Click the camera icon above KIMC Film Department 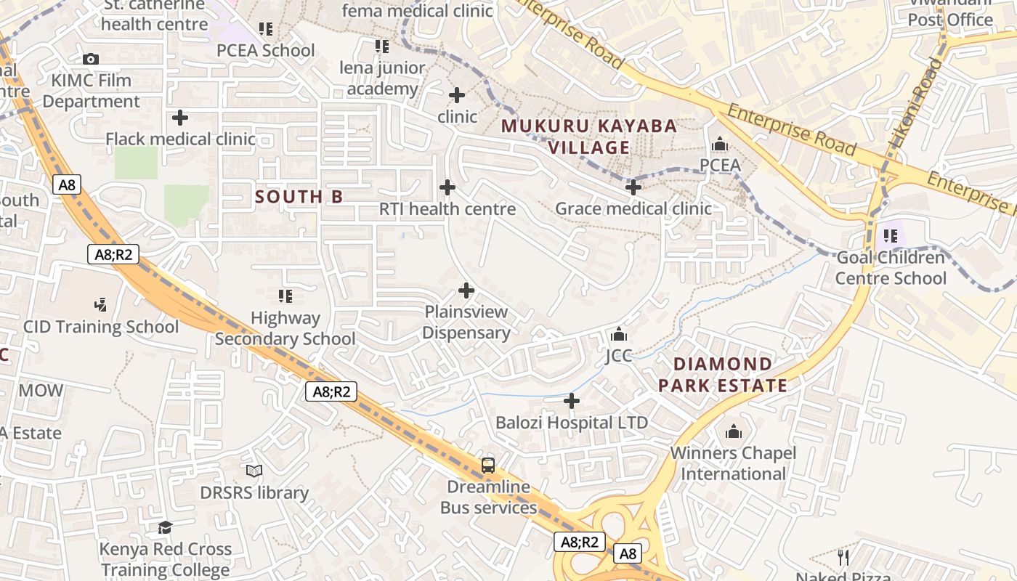pos(91,59)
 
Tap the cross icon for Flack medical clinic pos(180,117)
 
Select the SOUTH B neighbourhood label pos(299,197)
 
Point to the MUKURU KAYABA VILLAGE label pos(589,137)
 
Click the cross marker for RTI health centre pos(447,187)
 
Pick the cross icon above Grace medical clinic pos(633,187)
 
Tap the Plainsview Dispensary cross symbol pos(466,290)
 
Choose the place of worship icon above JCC pos(619,334)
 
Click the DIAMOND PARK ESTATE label pos(723,375)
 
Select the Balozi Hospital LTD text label pos(572,422)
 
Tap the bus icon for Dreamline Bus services pos(488,466)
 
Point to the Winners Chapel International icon pos(734,432)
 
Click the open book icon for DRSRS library pos(254,471)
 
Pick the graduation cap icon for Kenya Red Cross pos(166,527)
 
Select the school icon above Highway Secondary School pos(285,296)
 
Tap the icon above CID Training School pos(101,305)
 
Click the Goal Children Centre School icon pos(891,236)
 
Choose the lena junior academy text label pos(382,78)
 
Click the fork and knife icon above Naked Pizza pos(843,557)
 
